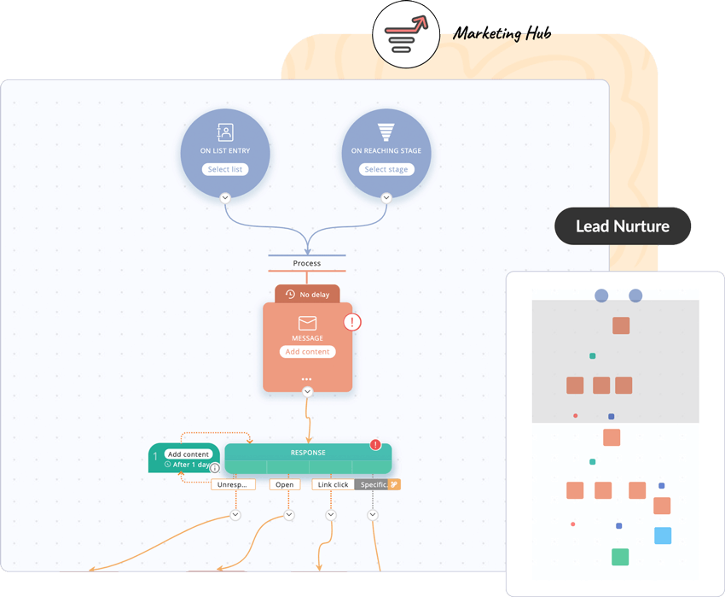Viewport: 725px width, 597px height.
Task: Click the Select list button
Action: coord(225,169)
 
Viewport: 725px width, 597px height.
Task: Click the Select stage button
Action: coord(386,169)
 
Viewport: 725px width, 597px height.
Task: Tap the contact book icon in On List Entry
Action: coord(225,132)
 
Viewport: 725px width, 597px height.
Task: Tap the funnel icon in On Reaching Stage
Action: coord(386,132)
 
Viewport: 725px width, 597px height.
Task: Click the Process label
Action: coord(307,263)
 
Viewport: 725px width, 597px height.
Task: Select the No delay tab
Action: coord(307,294)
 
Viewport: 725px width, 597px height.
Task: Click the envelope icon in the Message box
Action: coord(307,323)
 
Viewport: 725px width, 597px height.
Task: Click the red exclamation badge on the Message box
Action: coord(352,322)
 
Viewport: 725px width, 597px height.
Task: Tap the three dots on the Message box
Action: coord(307,378)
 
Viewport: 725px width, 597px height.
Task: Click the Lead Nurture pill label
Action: coord(623,226)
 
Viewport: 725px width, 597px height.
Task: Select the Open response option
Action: coord(285,484)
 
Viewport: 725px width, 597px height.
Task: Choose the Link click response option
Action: coord(332,484)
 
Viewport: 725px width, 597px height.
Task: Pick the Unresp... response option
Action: coord(233,484)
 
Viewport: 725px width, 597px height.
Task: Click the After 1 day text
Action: coord(189,465)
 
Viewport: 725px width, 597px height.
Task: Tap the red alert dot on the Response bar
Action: coord(375,445)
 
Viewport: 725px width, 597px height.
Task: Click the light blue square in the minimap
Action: coord(663,536)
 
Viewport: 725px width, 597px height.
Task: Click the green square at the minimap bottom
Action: coord(620,557)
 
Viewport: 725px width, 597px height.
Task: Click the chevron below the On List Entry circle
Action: coord(225,197)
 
